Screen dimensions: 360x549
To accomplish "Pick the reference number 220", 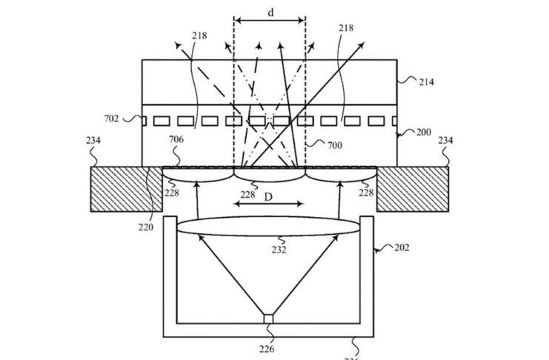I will (x=145, y=227).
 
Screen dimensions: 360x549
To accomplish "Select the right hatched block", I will (x=411, y=189).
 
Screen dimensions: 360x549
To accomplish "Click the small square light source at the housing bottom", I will (x=268, y=319).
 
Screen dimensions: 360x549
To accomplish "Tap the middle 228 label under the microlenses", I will (x=247, y=195).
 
